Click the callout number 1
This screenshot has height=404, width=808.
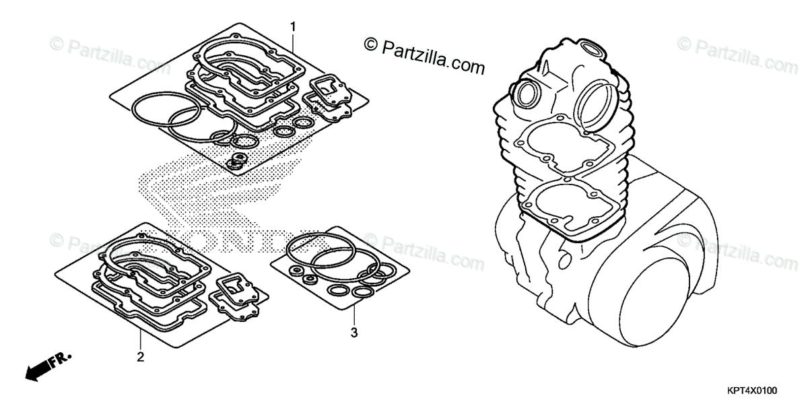(293, 26)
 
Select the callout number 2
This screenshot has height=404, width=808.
(140, 356)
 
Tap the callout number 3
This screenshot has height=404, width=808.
(353, 332)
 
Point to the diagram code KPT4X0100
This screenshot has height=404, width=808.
(751, 391)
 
